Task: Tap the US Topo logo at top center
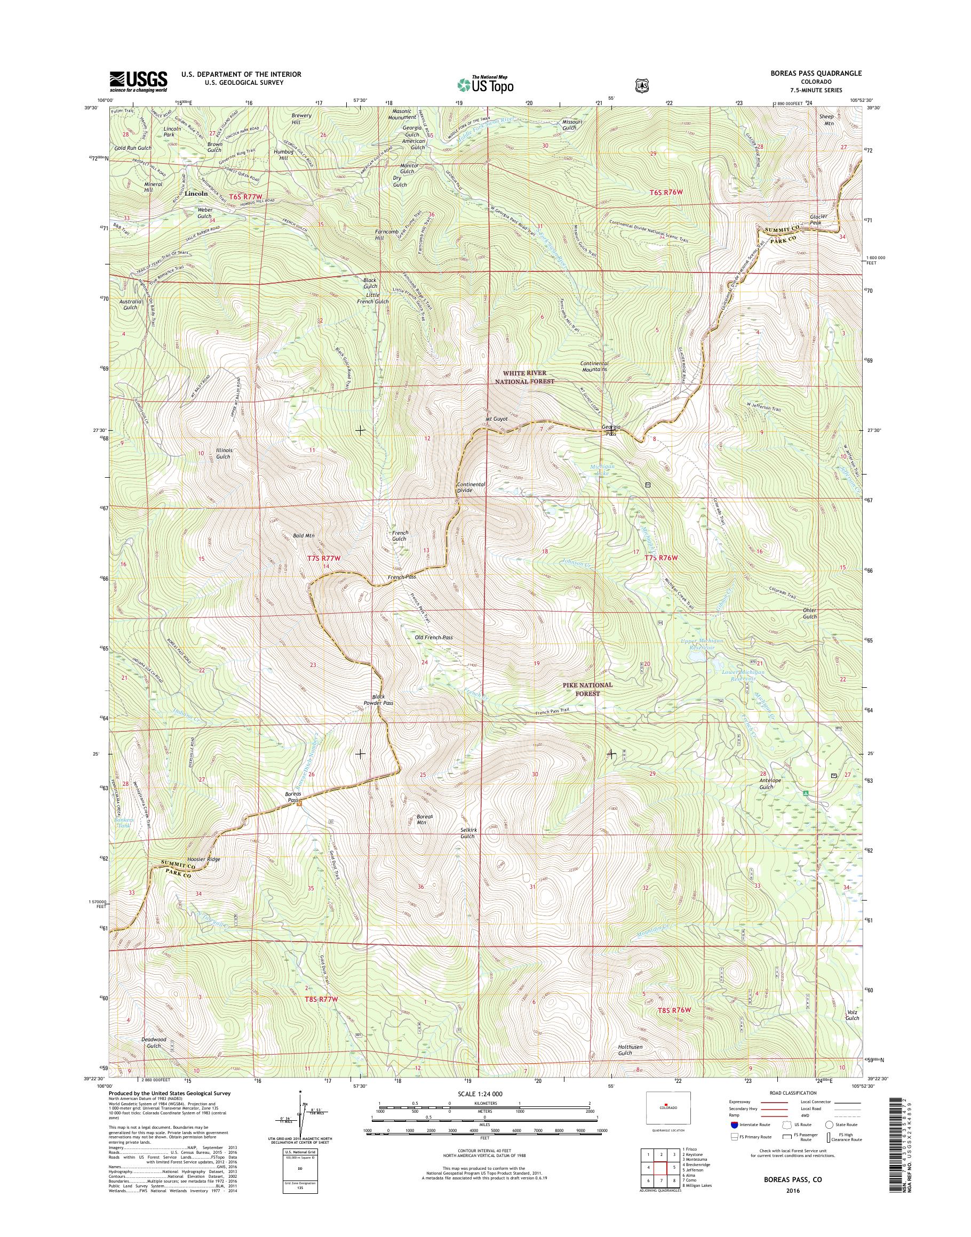(485, 84)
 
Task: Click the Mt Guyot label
(495, 419)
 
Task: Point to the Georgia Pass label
(611, 430)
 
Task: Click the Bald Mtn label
(305, 535)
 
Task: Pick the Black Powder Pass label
(379, 700)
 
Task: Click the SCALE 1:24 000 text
(481, 1093)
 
